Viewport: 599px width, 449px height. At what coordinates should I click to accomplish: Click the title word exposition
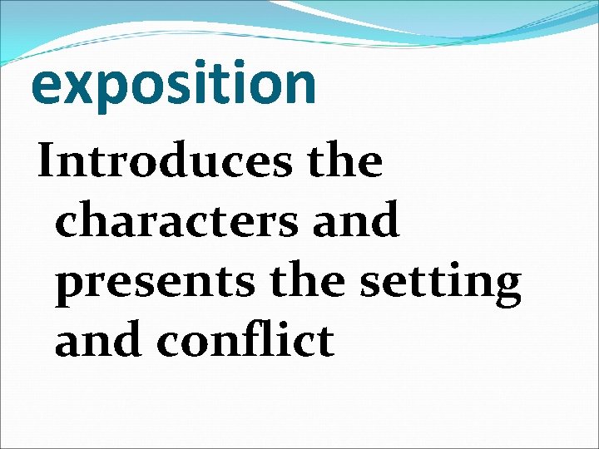tap(174, 84)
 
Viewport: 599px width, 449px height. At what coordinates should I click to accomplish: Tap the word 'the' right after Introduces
tap(345, 161)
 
